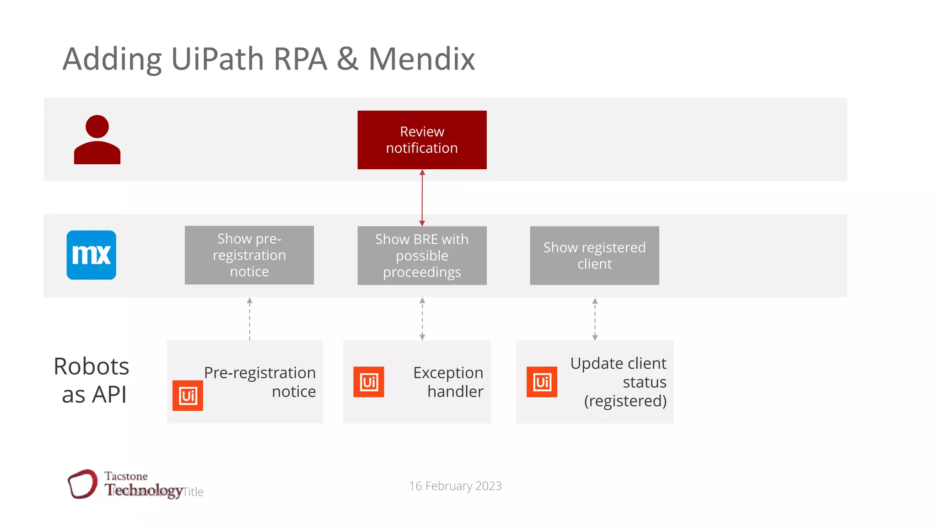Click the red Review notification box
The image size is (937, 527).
(x=422, y=140)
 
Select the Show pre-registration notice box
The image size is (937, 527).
(x=249, y=255)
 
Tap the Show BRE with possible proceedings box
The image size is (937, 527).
(x=422, y=256)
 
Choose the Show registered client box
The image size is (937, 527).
(x=594, y=256)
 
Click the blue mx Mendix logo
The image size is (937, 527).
(x=92, y=255)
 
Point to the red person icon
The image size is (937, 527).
(x=97, y=140)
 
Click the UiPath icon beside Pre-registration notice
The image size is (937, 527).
(x=188, y=396)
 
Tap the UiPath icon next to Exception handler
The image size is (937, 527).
(x=369, y=382)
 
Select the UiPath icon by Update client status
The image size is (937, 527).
(x=542, y=382)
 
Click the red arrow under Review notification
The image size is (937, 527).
(x=422, y=198)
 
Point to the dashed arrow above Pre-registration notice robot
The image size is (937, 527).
(x=249, y=319)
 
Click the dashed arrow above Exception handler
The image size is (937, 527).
(x=422, y=319)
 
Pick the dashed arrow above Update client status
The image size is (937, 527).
(x=595, y=319)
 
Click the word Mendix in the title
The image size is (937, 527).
(x=421, y=59)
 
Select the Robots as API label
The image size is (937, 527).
(x=92, y=380)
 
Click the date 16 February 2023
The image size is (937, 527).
(x=455, y=486)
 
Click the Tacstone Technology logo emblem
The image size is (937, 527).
(x=83, y=484)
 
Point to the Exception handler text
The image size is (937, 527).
(x=448, y=382)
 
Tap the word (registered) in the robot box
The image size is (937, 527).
(x=625, y=401)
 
